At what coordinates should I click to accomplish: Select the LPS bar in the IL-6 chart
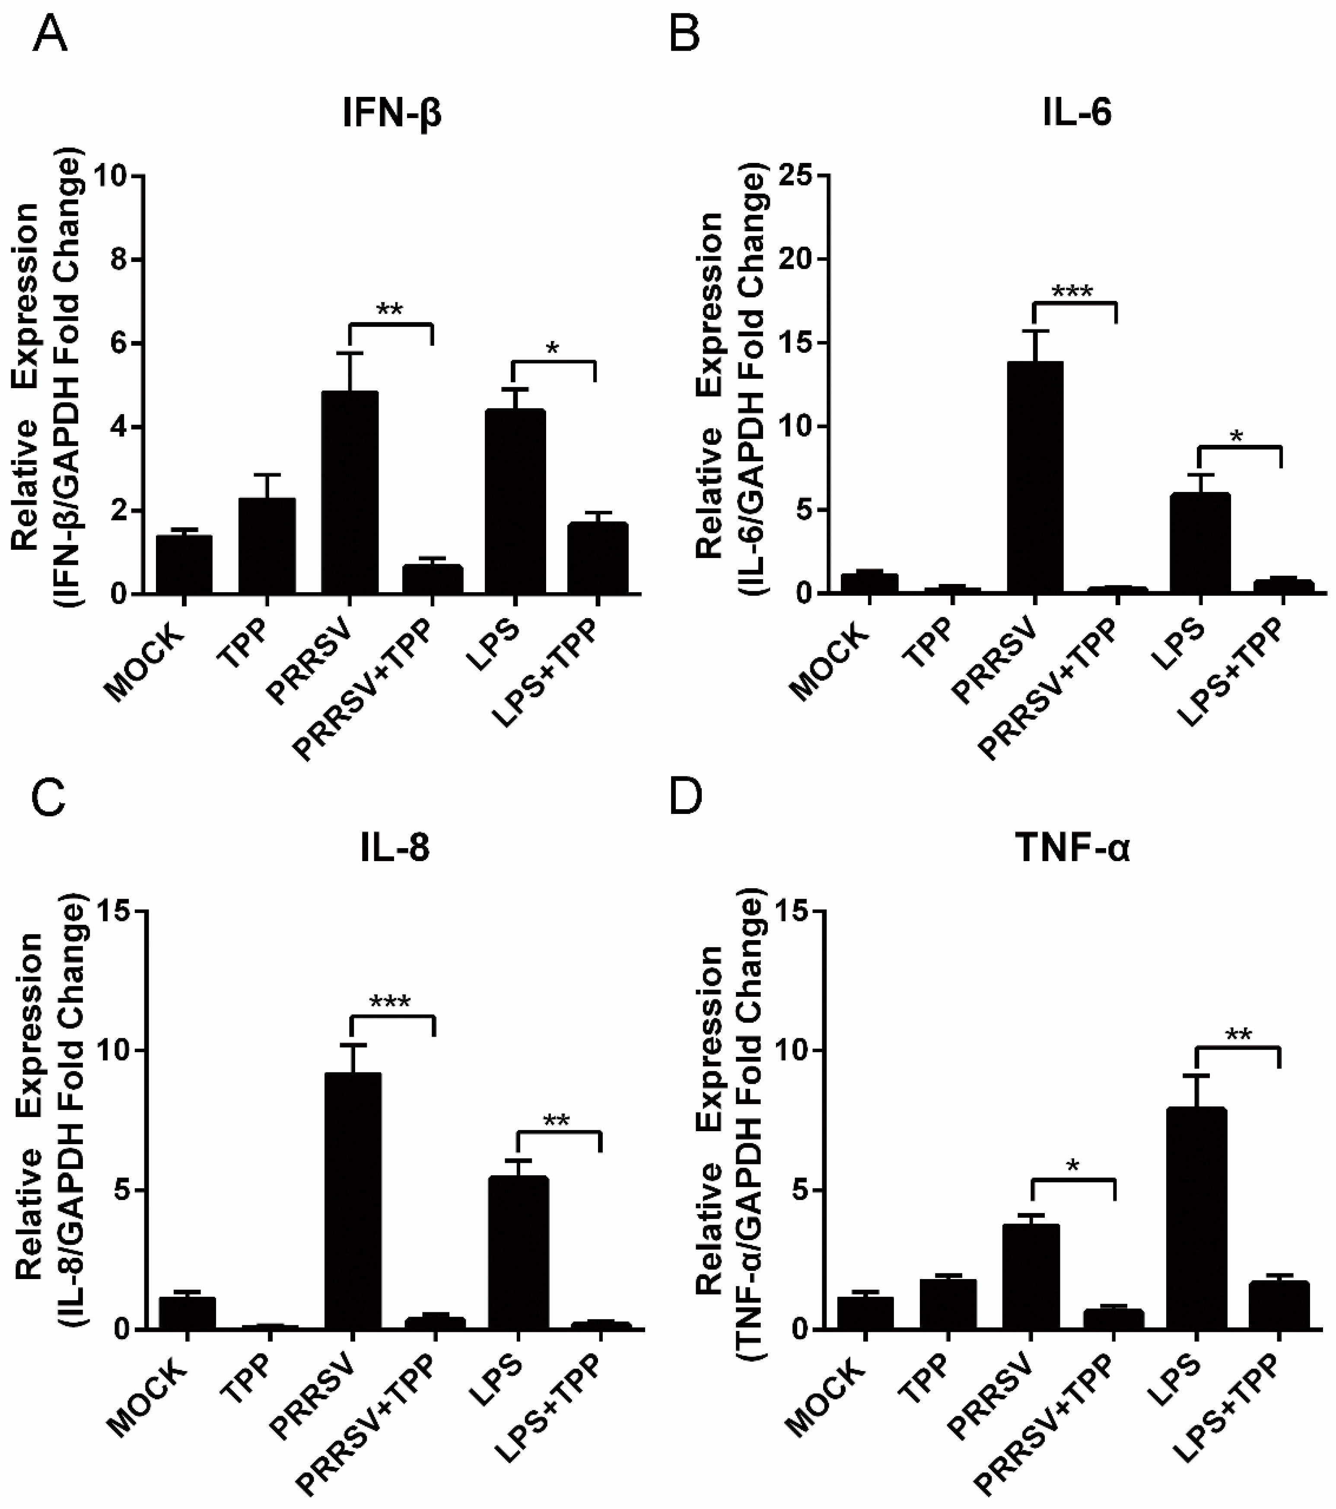click(x=1200, y=542)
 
